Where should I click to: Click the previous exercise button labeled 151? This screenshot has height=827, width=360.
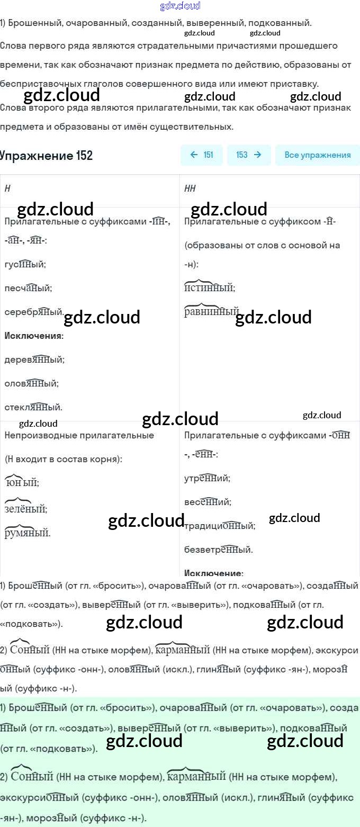[202, 155]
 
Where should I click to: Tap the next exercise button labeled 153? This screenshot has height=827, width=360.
[249, 155]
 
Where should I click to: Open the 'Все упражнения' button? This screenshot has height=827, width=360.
[317, 155]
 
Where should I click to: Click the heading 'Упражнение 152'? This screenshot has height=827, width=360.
[47, 155]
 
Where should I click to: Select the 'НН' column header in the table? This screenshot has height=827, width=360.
[190, 188]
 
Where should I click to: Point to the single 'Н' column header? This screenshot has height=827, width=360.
[7, 188]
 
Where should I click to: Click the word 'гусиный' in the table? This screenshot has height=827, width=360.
[25, 264]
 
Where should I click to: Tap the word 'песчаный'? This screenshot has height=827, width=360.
[28, 288]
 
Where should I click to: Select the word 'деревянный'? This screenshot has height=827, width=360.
[34, 359]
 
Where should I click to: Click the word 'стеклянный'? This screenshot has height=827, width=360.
[33, 407]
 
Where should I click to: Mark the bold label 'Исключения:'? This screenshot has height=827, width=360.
[34, 336]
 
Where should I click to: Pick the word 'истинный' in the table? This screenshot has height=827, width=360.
[209, 288]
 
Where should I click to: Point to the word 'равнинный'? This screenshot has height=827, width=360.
[211, 312]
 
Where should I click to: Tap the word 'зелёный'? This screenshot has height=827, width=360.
[25, 509]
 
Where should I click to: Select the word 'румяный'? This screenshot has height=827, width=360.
[27, 533]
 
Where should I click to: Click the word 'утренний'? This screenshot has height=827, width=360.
[206, 478]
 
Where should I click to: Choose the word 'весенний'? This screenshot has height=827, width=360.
[208, 502]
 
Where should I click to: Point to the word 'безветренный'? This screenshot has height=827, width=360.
[218, 550]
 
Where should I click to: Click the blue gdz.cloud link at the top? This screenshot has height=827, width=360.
[180, 6]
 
